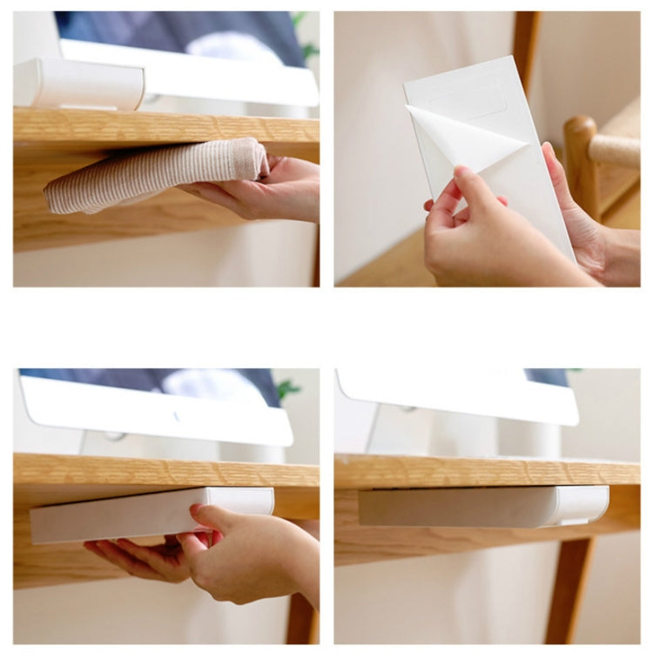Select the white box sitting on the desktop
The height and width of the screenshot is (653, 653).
pos(78,84)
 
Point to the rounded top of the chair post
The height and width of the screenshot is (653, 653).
pos(579,131)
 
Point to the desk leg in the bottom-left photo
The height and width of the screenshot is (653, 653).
pos(300,618)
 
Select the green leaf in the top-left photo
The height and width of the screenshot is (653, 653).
pos(300,19)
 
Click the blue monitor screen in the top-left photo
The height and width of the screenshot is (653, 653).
pos(174,30)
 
